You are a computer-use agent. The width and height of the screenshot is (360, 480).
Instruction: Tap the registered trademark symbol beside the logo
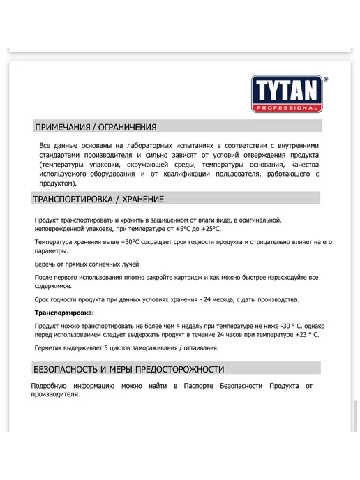[x=327, y=80]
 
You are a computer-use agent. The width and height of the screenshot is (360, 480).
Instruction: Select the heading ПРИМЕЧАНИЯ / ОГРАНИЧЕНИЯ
[x=96, y=127]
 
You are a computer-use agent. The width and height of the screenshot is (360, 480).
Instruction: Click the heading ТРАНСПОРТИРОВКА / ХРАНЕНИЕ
[x=98, y=200]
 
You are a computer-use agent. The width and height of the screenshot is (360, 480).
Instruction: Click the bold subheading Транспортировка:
[x=63, y=313]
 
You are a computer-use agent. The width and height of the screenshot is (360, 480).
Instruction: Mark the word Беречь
[x=45, y=264]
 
